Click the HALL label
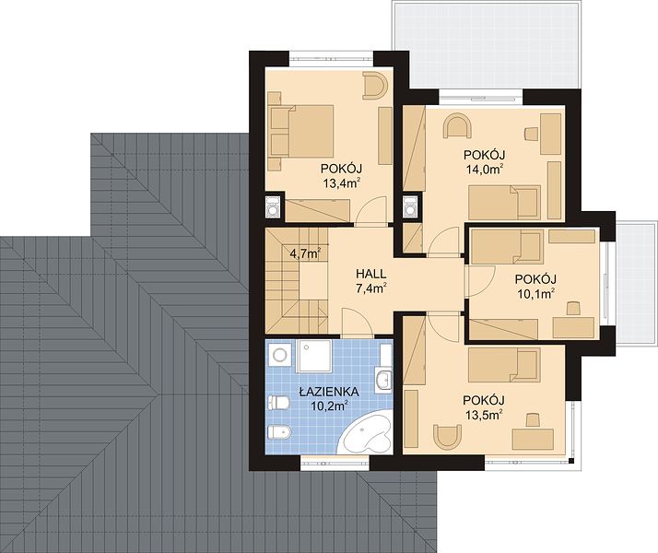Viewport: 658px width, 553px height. (x=371, y=274)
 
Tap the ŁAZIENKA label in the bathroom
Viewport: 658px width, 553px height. (x=329, y=392)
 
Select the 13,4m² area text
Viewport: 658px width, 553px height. (x=342, y=182)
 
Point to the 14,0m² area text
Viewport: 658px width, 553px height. (x=484, y=169)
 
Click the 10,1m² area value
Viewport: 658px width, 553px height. (x=535, y=294)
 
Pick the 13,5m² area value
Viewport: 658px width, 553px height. (x=484, y=415)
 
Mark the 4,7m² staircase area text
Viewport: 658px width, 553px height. (x=306, y=253)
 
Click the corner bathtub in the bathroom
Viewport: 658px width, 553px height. (x=366, y=432)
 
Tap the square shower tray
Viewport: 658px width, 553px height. (x=314, y=356)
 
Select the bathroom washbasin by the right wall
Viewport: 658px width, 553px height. (x=383, y=380)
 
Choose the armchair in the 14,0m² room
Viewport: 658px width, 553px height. (x=457, y=125)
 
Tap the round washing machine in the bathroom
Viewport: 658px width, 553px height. (x=278, y=356)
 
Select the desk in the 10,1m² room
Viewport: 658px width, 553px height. (x=574, y=328)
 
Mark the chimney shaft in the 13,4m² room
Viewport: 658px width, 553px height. (x=273, y=206)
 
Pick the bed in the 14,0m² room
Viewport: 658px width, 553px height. (x=504, y=203)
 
